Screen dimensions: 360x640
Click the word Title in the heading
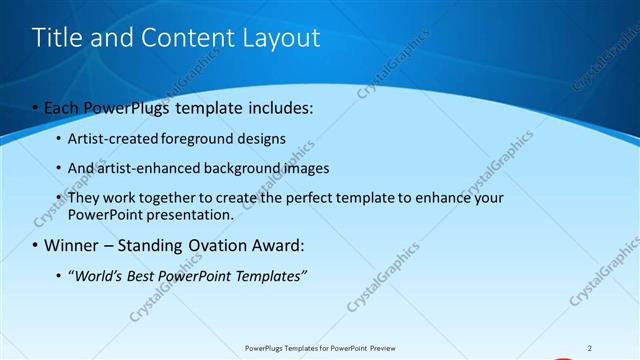[x=57, y=38]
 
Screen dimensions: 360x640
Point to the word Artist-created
[x=107, y=138]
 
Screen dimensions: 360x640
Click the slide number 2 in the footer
[x=590, y=348]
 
